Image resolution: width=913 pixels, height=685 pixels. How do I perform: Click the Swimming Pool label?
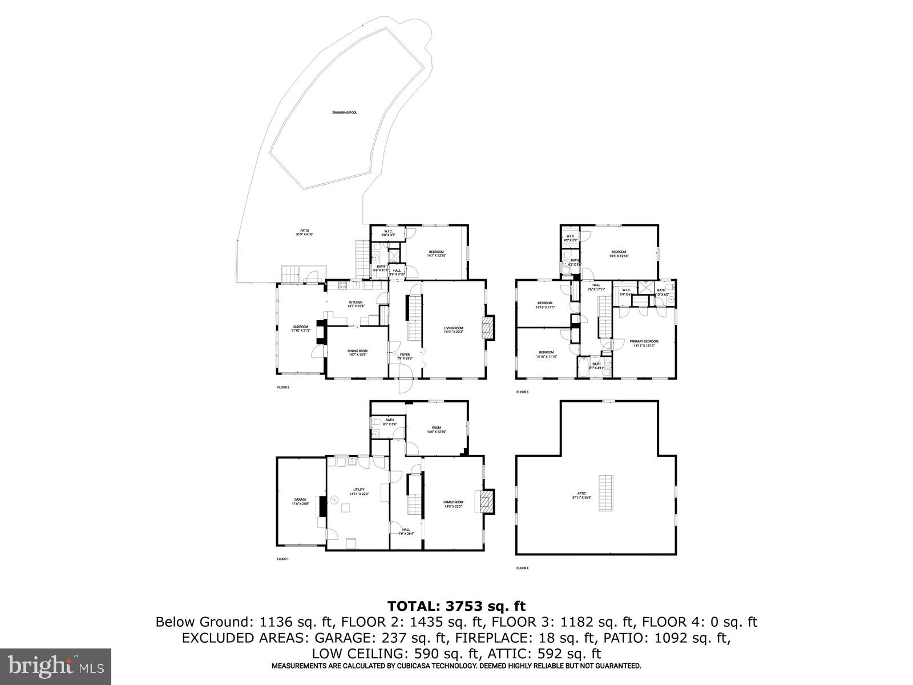pyautogui.click(x=345, y=113)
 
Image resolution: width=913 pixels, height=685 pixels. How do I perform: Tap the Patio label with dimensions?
pyautogui.click(x=305, y=232)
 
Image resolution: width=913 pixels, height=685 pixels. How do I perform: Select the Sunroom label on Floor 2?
pyautogui.click(x=301, y=329)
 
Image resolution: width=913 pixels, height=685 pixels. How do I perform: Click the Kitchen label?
pyautogui.click(x=356, y=304)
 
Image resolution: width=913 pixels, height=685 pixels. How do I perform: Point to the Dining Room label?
pyautogui.click(x=358, y=353)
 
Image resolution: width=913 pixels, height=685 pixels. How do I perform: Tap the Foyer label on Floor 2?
pyautogui.click(x=405, y=356)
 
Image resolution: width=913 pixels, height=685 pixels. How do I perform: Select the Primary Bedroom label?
pyautogui.click(x=644, y=343)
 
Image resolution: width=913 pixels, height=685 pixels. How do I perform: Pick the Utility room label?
pyautogui.click(x=359, y=491)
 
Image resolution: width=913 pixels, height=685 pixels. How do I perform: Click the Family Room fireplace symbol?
pyautogui.click(x=486, y=501)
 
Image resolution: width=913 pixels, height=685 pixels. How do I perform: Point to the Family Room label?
pyautogui.click(x=454, y=504)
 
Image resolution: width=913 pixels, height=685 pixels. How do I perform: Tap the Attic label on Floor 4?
pyautogui.click(x=581, y=495)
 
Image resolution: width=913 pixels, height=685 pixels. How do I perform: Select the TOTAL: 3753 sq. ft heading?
pyautogui.click(x=456, y=606)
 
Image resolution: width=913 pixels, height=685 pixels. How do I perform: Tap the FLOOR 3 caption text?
pyautogui.click(x=522, y=392)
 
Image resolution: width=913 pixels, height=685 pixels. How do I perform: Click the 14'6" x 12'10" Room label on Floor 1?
pyautogui.click(x=437, y=430)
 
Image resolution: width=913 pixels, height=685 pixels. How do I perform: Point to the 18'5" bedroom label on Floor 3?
pyautogui.click(x=619, y=254)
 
